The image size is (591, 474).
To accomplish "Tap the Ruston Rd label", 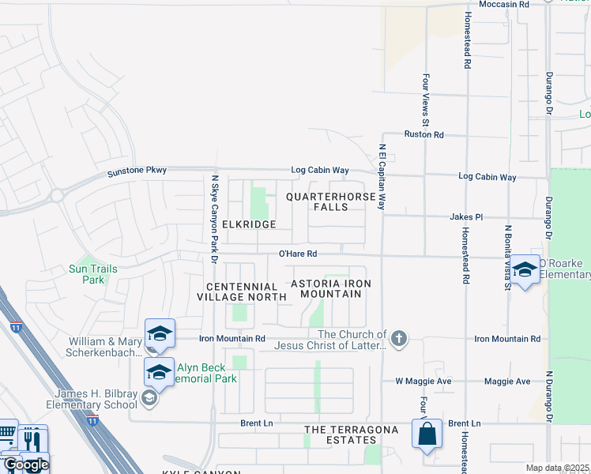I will pos(424,135).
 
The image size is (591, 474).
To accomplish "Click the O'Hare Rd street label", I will pos(298,254).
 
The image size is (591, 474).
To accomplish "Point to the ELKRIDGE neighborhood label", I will pos(249,224).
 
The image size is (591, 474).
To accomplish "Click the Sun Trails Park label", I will pos(93,274).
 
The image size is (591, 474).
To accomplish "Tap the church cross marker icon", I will pos(400,339).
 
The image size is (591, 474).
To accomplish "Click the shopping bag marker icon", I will pos(427,434).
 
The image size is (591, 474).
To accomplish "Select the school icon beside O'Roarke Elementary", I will pos(525,270).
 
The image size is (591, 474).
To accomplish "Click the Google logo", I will pos(25,465).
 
